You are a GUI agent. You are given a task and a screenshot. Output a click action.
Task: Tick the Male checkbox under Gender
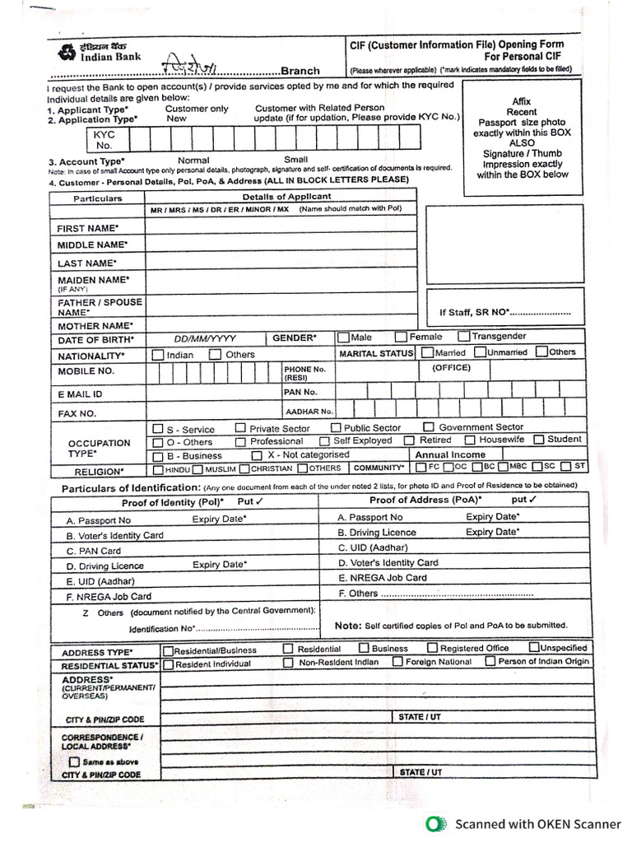[342, 337]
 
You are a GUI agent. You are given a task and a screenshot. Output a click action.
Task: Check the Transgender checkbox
[464, 336]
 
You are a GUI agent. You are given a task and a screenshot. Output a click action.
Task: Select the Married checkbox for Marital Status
[428, 352]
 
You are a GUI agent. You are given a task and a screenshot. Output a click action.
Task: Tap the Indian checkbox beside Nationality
[157, 355]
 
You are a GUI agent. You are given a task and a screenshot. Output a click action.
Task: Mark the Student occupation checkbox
[539, 440]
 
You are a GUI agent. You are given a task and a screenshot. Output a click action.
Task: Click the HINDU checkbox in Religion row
[158, 469]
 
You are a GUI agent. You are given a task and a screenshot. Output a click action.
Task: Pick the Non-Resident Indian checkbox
[288, 662]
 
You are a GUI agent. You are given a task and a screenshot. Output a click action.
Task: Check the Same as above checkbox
[74, 762]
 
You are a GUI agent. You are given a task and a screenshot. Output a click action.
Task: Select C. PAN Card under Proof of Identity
[94, 551]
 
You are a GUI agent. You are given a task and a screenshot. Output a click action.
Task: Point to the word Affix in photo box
[521, 101]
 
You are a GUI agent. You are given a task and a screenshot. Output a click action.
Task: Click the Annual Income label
[450, 454]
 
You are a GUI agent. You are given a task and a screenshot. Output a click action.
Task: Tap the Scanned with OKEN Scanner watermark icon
[436, 823]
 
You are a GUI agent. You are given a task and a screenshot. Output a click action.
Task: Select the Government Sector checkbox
[429, 427]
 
